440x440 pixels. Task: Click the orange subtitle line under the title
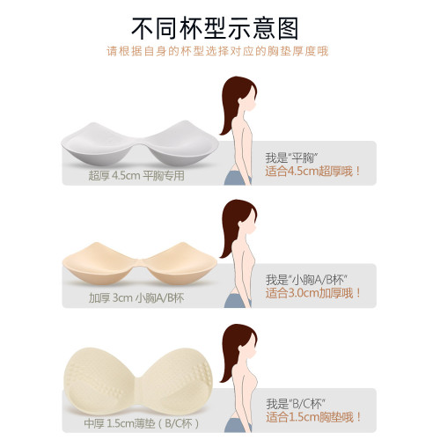219,51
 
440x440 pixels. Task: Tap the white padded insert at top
139,142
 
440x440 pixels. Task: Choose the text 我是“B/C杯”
298,403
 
